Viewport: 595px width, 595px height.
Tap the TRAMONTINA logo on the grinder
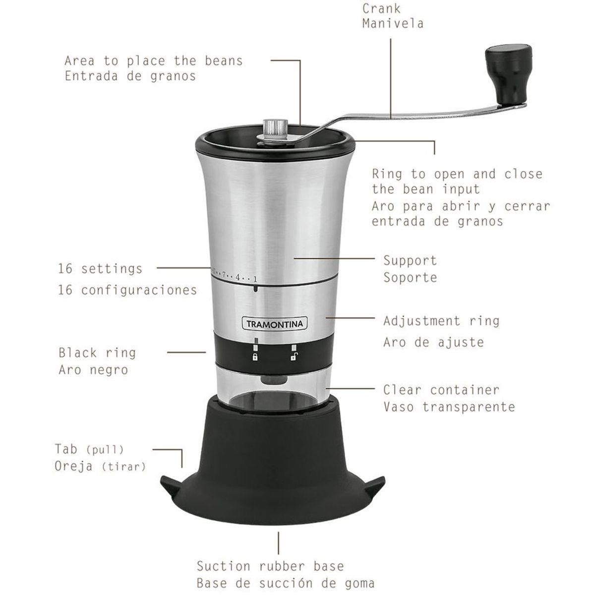click(x=275, y=324)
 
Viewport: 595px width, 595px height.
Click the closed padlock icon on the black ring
click(x=255, y=357)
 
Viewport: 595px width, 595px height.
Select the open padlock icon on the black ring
click(x=294, y=356)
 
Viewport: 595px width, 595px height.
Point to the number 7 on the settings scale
click(x=224, y=274)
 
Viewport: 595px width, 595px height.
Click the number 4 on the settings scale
click(x=238, y=277)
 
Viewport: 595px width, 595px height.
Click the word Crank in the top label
click(x=381, y=8)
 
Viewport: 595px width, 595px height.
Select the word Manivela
click(x=393, y=23)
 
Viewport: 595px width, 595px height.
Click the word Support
click(x=410, y=261)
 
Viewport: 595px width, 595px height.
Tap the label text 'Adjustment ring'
click(x=441, y=321)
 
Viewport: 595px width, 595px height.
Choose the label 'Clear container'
click(x=441, y=390)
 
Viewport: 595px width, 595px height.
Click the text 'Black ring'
click(x=97, y=353)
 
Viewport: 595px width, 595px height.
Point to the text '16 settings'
click(x=100, y=269)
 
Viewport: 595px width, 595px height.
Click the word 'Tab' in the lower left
click(x=66, y=449)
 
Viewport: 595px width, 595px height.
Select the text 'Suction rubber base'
click(x=270, y=566)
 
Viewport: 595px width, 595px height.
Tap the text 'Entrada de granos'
click(x=130, y=76)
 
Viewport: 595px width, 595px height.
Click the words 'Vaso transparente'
click(x=449, y=407)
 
